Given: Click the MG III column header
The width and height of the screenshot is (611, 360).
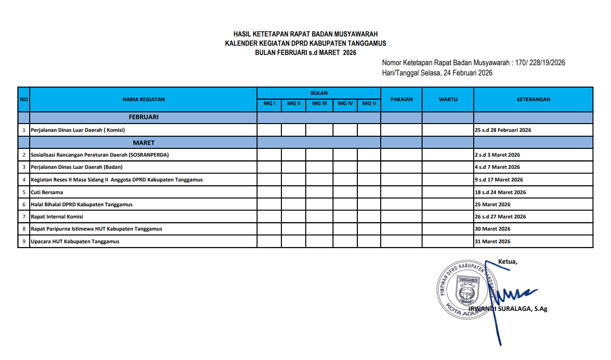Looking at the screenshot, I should [319, 103].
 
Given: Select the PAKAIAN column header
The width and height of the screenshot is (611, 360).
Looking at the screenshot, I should [401, 99].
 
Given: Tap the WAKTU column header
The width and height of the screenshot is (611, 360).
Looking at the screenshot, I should [448, 99].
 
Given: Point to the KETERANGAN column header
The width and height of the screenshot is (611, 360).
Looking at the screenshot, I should [533, 99].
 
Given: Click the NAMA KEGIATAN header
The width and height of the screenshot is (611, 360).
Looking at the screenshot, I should [144, 99].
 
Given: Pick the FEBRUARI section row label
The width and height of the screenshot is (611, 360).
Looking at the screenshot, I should [144, 117].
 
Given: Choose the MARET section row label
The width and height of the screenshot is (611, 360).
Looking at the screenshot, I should [144, 143].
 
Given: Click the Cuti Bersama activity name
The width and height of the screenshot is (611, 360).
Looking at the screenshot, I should [47, 192].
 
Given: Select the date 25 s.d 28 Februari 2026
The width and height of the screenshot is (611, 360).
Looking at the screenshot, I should [502, 130].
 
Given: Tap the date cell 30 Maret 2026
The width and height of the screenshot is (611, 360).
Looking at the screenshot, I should [492, 229].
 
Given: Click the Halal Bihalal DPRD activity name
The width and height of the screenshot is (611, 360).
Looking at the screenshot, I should [81, 204].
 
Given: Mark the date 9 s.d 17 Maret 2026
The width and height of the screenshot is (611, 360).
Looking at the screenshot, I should [499, 180].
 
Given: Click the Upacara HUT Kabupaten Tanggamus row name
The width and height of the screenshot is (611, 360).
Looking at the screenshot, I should [75, 241].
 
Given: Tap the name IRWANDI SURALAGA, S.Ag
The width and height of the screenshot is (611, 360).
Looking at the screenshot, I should [508, 308].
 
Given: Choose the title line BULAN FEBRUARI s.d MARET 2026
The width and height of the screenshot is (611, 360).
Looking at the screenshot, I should [305, 53].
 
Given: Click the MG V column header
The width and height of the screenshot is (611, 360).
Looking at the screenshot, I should [369, 103].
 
